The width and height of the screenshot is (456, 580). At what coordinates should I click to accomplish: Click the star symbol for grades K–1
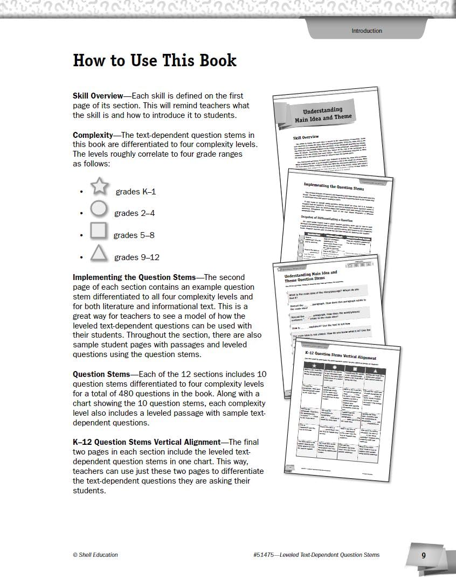[x=100, y=186]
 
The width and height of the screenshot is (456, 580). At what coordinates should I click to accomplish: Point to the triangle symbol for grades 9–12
[x=99, y=253]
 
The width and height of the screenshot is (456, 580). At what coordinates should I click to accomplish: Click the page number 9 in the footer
[x=424, y=556]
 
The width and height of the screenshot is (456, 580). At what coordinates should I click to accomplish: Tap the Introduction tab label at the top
[x=367, y=31]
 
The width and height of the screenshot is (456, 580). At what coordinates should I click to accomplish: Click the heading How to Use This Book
[x=155, y=60]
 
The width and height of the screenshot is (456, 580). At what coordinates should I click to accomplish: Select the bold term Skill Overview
[x=98, y=96]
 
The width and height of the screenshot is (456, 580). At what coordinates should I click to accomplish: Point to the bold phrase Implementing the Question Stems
[x=134, y=277]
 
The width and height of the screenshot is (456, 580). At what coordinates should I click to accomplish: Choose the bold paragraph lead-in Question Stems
[x=101, y=374]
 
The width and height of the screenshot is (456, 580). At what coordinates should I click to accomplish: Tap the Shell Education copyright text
[x=95, y=555]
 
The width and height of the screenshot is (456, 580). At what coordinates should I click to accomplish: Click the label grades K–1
[x=135, y=192]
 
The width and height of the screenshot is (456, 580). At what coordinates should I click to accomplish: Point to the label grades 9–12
[x=137, y=257]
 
